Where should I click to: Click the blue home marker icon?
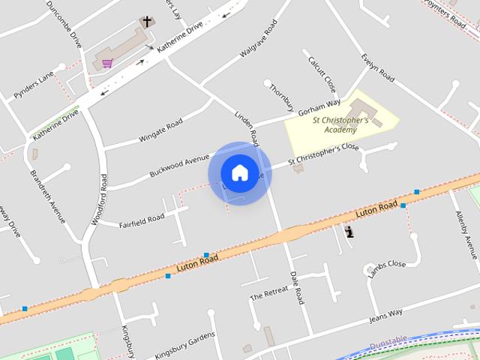click(239, 172)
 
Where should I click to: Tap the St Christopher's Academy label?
click(340, 124)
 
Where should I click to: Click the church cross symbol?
click(147, 22)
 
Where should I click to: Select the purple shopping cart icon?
click(108, 64)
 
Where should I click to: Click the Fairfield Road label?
click(142, 220)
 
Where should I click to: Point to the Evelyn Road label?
click(377, 67)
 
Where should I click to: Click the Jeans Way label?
click(386, 316)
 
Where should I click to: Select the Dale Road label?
click(296, 286)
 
